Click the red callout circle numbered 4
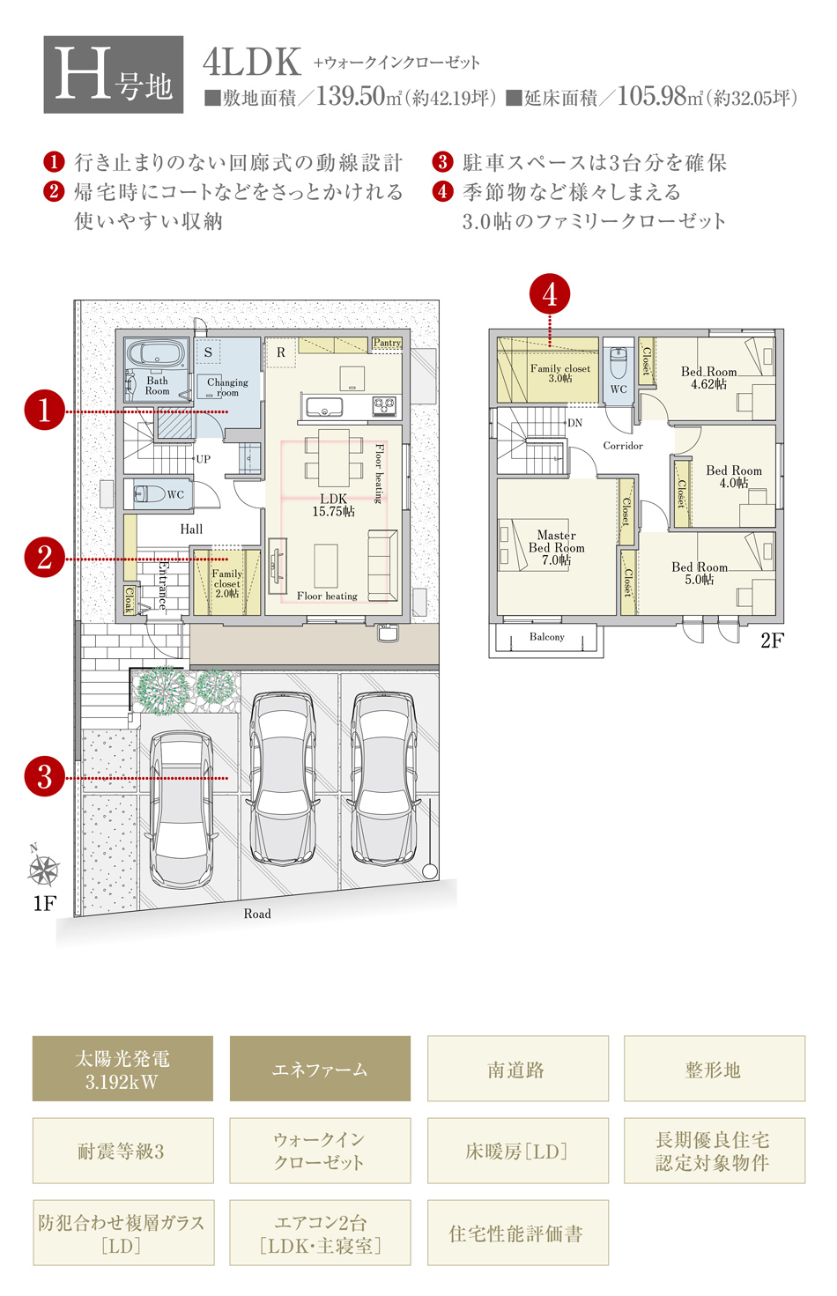point(550,294)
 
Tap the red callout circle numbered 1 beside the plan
point(45,411)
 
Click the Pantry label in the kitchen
point(387,343)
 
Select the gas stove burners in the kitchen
point(384,406)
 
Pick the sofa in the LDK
point(382,566)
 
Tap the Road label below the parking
point(256,914)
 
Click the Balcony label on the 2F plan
point(546,636)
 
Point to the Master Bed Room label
point(557,547)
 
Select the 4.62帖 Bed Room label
point(708,378)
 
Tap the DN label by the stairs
point(574,423)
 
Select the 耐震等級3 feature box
point(122,1151)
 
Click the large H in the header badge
point(82,73)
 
